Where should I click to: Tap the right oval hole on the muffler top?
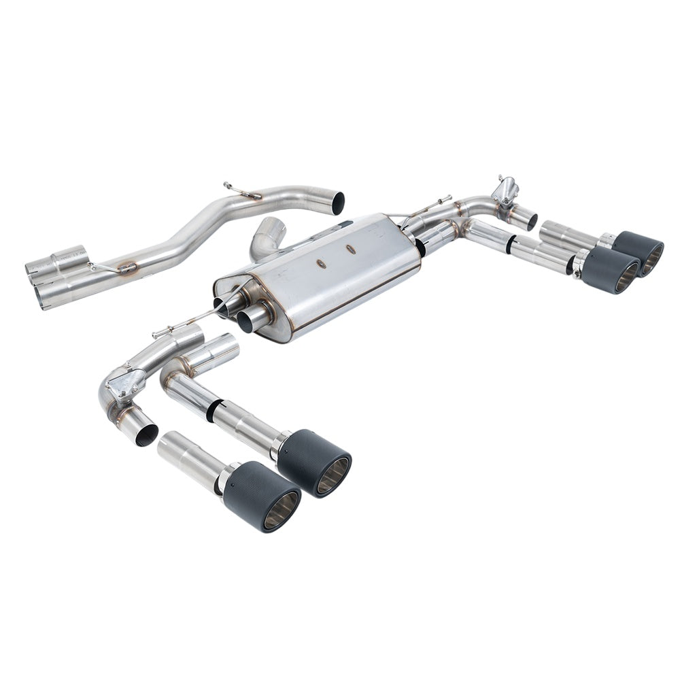pyautogui.click(x=351, y=249)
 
